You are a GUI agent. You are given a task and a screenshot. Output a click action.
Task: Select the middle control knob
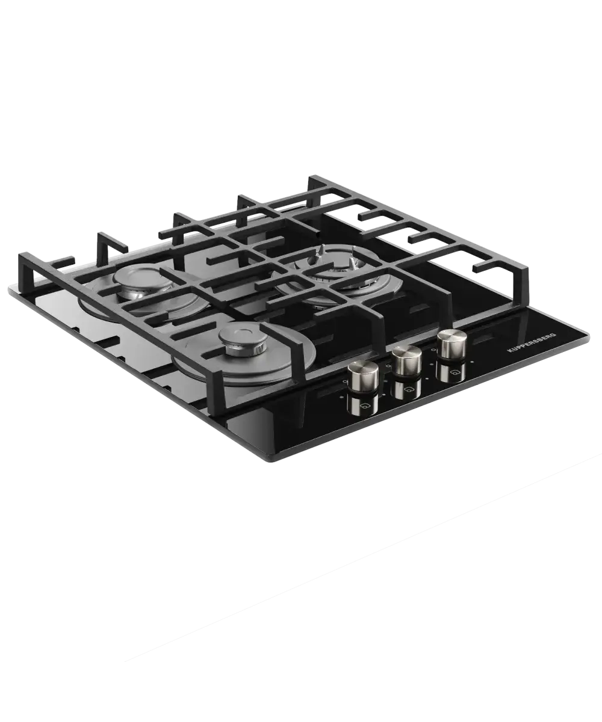pos(406,360)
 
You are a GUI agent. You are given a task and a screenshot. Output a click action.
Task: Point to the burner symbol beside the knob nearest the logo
pos(453,372)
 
